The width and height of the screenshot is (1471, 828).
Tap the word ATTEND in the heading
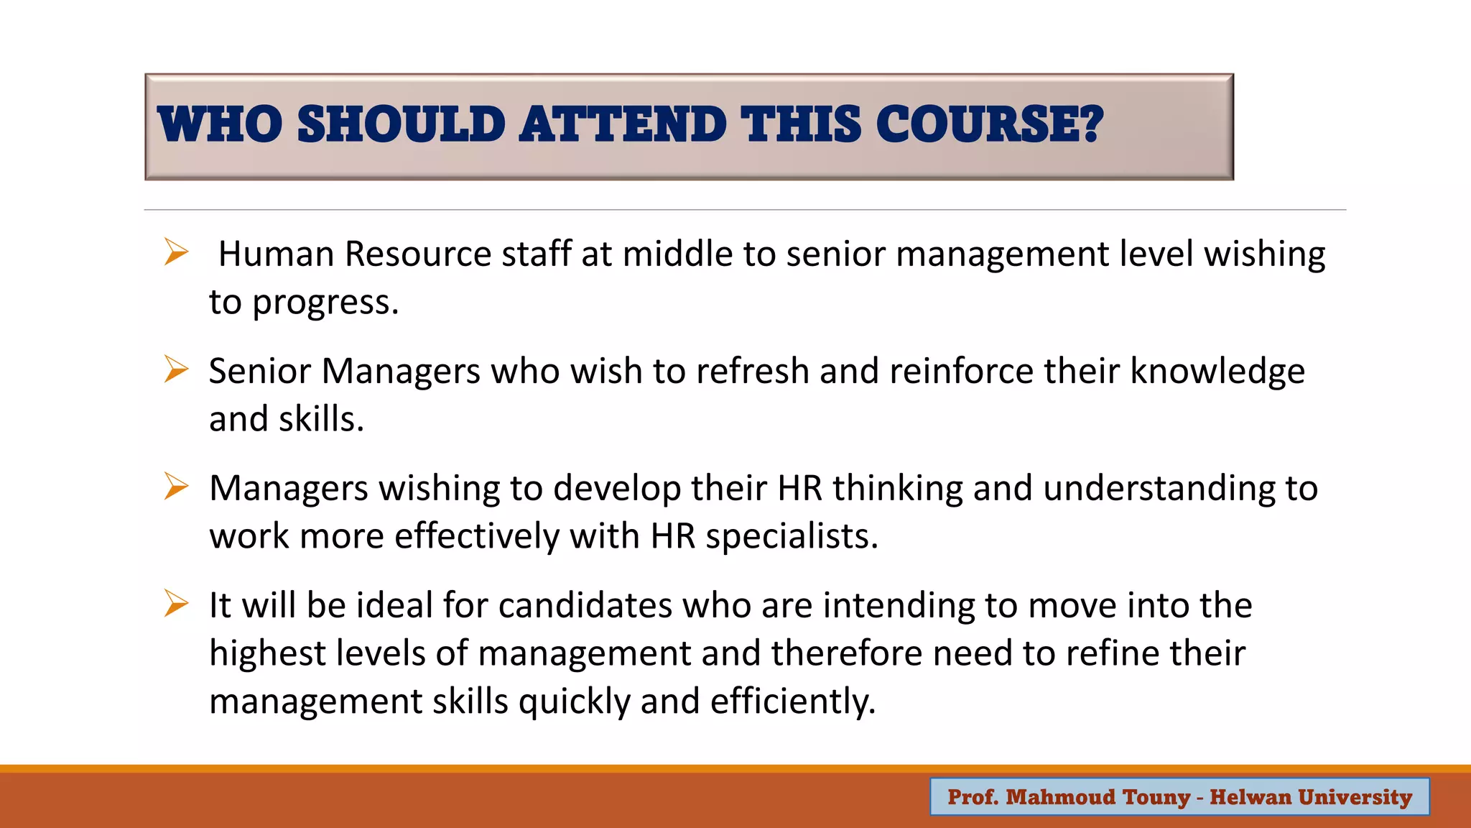pos(622,124)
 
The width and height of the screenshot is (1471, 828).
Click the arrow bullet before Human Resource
pos(175,252)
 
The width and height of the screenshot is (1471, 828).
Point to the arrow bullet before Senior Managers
pos(175,369)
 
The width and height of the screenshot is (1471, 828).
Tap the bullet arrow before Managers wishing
pos(175,487)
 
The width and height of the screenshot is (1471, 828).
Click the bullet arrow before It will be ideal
pos(175,604)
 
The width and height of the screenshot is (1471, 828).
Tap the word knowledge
pos(1217,371)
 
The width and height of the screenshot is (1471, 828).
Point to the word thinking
pos(897,488)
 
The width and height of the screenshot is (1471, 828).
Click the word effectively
pos(477,536)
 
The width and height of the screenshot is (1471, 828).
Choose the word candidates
pos(585,605)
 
